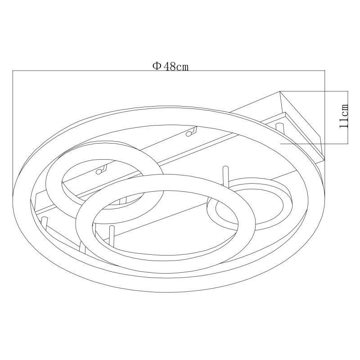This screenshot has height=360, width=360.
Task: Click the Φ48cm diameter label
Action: click(x=171, y=66)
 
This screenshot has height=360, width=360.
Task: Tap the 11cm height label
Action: click(x=344, y=116)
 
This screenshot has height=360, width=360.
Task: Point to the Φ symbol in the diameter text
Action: click(x=157, y=66)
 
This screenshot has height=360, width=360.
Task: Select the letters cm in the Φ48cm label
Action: click(x=183, y=67)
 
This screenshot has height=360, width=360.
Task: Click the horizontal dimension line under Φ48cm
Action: click(x=168, y=71)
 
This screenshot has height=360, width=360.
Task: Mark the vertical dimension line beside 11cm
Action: click(x=348, y=117)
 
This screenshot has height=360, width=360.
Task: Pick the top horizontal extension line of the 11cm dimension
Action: click(x=314, y=91)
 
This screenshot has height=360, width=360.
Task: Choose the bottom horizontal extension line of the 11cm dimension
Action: click(x=314, y=144)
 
